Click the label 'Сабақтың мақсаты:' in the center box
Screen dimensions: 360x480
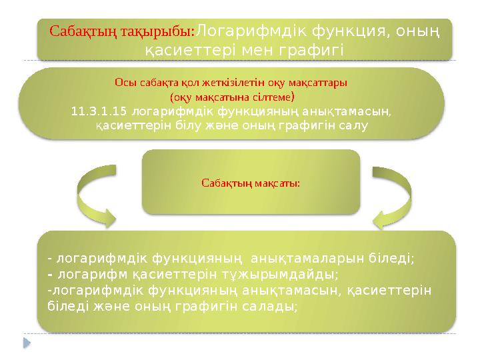pos(250,182)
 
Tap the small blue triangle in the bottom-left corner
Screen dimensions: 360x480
pos(27,343)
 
